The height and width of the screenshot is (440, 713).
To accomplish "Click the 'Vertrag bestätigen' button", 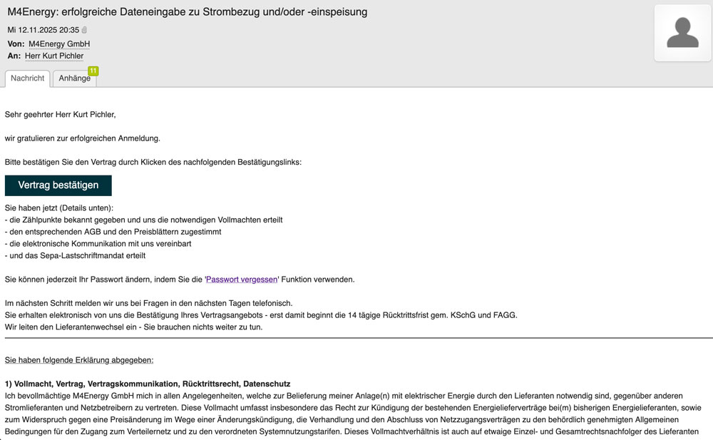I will (x=58, y=185).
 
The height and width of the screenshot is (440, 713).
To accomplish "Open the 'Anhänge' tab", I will (x=74, y=78).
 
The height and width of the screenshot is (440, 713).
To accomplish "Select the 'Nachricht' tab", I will (x=28, y=78).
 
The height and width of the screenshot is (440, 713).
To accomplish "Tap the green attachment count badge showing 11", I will (x=93, y=71).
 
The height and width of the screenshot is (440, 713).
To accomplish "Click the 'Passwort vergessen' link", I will (x=242, y=280).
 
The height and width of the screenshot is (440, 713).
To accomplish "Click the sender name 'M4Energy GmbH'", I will (x=64, y=44).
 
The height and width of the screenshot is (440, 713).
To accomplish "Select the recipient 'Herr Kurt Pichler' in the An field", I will (x=54, y=56).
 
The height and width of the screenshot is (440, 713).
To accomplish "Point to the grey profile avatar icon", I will (x=682, y=33).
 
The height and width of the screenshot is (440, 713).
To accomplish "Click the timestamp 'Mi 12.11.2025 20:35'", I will (x=43, y=30).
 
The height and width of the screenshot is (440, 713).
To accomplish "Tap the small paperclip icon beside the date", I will (x=85, y=30).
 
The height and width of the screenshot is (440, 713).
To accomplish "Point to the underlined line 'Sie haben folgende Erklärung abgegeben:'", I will (x=79, y=360).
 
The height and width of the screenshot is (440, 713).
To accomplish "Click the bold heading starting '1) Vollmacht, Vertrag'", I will (x=147, y=384).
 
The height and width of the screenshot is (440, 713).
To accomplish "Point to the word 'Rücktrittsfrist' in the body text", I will (x=389, y=315).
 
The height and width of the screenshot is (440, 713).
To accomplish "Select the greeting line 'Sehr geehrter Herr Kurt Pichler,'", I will (x=60, y=114).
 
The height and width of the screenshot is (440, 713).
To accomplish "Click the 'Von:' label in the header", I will (x=16, y=44).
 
